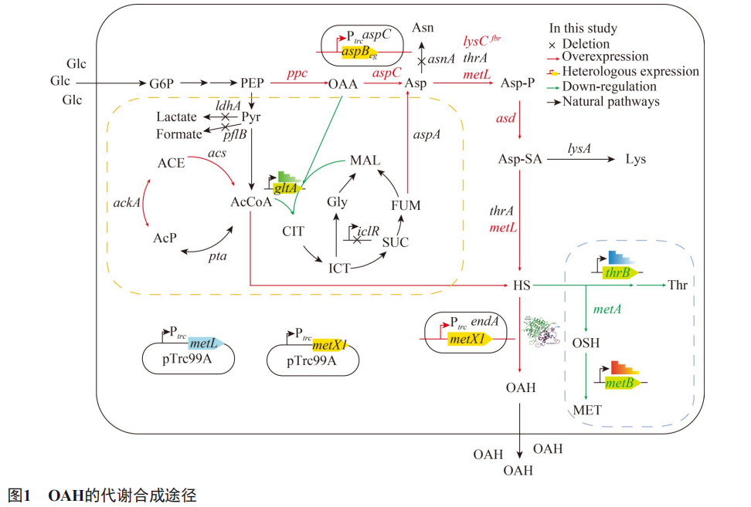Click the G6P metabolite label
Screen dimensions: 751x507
pos(161,83)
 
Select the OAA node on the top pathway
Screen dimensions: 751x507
pos(343,84)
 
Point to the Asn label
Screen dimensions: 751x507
pos(423,28)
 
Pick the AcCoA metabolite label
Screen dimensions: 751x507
pos(251,202)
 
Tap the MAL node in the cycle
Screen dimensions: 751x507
pos(365,161)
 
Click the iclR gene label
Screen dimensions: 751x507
pos(368,231)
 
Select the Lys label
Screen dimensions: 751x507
pos(636,159)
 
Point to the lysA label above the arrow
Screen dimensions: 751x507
pos(579,149)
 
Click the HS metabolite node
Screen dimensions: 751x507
pos(522,286)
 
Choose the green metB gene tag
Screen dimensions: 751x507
pos(622,383)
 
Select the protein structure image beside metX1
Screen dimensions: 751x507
pos(541,330)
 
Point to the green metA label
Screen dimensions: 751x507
pos(607,309)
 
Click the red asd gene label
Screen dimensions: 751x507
pos(506,118)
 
